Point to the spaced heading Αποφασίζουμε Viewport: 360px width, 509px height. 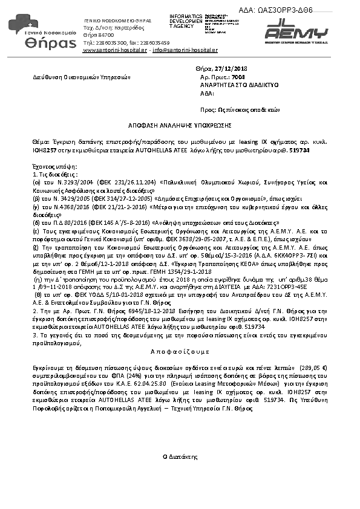180,352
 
